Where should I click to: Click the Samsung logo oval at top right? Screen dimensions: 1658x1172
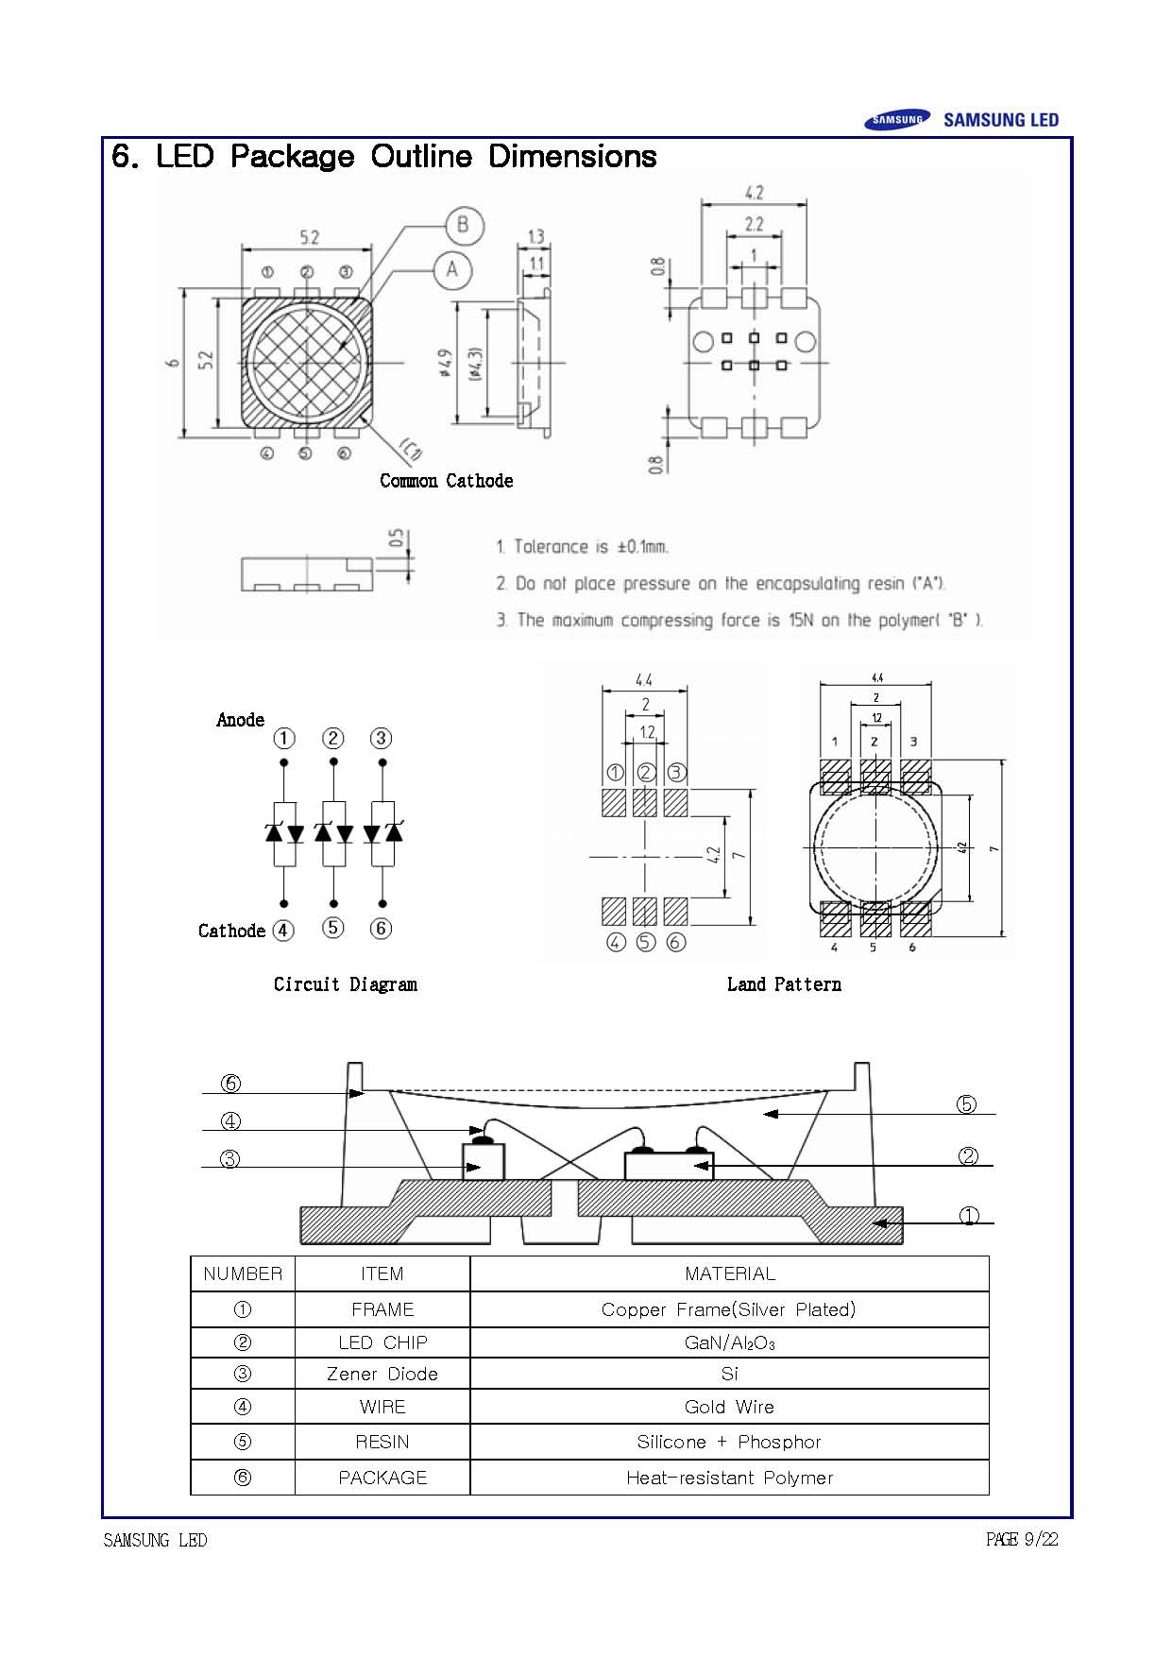[x=896, y=120]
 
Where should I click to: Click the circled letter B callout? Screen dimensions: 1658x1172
[x=464, y=225]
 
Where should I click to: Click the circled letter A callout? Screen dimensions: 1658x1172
[x=452, y=270]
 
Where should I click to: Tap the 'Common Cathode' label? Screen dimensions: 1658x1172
[x=446, y=481]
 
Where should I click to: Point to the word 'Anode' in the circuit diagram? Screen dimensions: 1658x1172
[x=240, y=720]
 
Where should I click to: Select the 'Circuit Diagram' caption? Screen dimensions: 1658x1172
[x=345, y=984]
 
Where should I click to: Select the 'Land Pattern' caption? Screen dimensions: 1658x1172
[x=784, y=984]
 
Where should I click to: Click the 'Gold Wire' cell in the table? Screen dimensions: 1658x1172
[x=729, y=1407]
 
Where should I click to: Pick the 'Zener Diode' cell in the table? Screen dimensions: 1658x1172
[x=382, y=1374]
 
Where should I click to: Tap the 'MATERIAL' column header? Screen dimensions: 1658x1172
[x=729, y=1273]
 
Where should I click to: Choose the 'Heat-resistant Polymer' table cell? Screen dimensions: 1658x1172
[x=729, y=1478]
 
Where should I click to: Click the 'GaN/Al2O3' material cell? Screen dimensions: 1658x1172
[x=729, y=1342]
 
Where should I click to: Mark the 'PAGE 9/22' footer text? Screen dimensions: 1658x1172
[x=1021, y=1540]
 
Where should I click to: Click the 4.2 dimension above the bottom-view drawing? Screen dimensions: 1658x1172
[x=754, y=193]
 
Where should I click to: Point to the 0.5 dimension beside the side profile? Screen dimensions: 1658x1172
[x=398, y=538]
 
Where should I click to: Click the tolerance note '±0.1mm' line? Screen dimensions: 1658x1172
[x=582, y=546]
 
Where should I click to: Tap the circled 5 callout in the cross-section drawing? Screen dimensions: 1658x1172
[x=966, y=1104]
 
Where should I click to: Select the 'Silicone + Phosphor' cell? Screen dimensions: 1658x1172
[x=729, y=1442]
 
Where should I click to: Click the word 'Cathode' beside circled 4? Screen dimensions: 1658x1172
[x=231, y=931]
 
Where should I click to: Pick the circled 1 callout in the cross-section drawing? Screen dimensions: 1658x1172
[x=969, y=1217]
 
